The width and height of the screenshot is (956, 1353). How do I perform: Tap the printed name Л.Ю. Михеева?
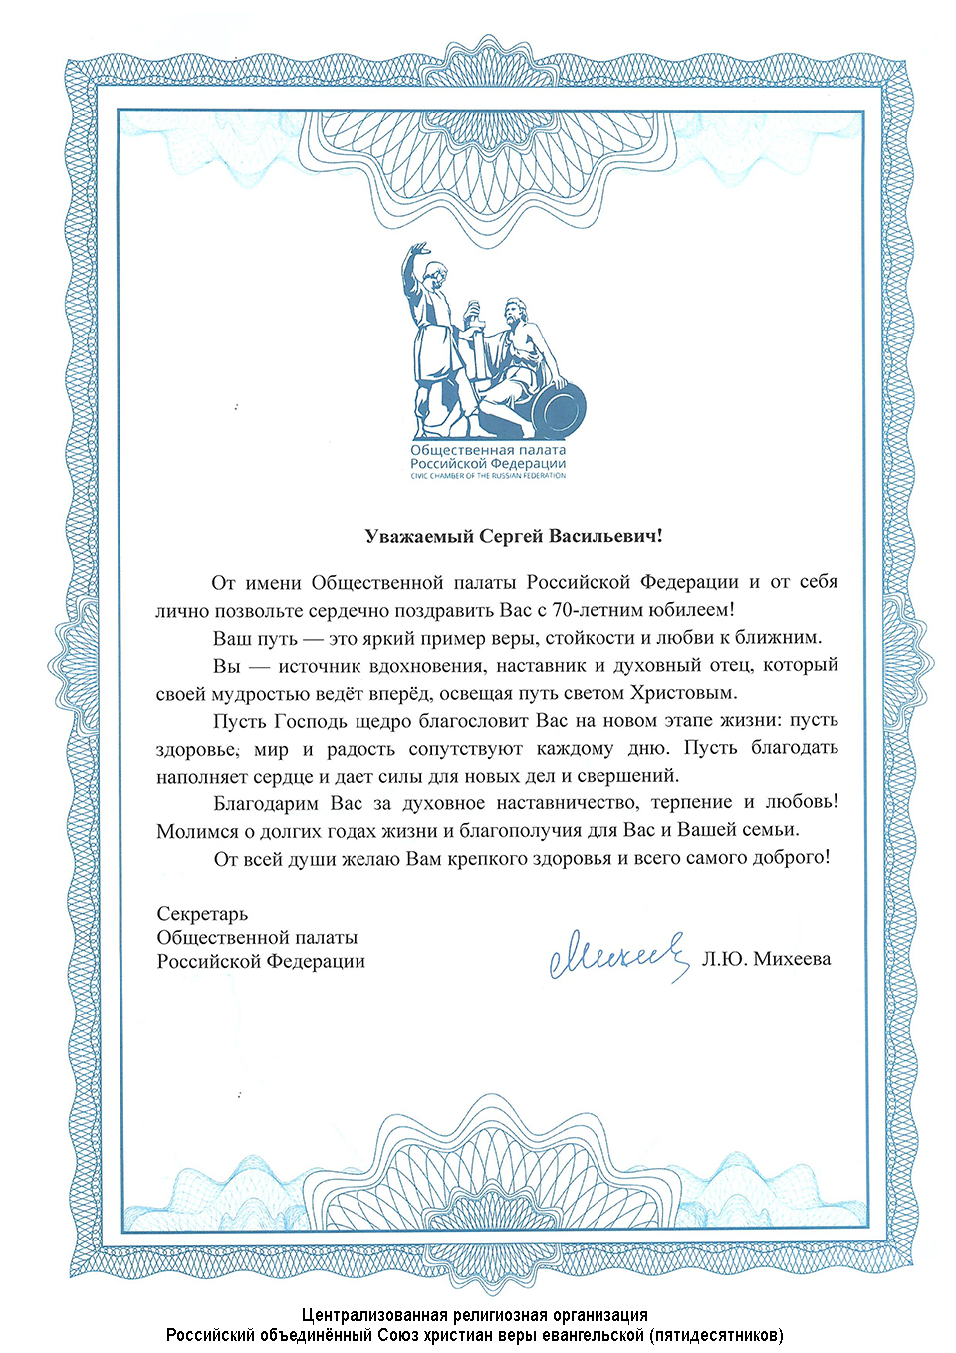(766, 959)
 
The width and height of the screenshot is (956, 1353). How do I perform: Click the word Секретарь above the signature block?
(202, 914)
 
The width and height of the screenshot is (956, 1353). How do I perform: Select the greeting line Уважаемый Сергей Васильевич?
(514, 536)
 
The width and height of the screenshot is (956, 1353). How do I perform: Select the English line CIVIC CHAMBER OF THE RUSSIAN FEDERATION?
(488, 476)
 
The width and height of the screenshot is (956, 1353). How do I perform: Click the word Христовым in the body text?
(691, 692)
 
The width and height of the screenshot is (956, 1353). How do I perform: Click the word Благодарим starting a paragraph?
(266, 802)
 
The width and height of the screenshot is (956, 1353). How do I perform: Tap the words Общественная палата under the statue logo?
(488, 450)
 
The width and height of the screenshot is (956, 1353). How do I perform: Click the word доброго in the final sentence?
(793, 857)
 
